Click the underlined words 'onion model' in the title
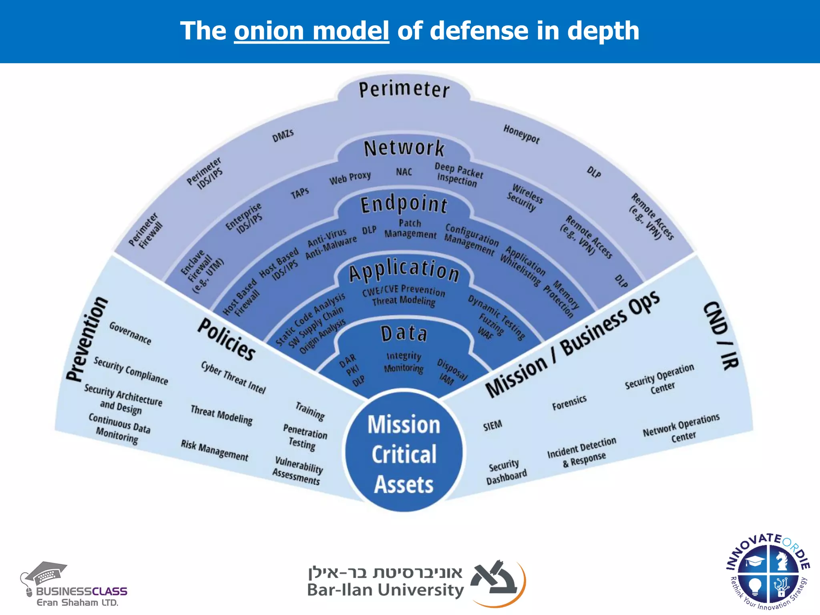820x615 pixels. tap(312, 31)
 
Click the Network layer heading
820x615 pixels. tap(404, 149)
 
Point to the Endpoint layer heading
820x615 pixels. tap(404, 205)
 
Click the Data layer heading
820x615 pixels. tap(404, 334)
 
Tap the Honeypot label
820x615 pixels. tap(521, 134)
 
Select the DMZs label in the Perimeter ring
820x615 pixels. tap(283, 135)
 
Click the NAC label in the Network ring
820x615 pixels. tap(404, 172)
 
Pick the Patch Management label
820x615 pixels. tap(410, 229)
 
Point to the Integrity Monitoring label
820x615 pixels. tap(404, 362)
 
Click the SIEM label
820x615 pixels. tap(492, 425)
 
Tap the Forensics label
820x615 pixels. tap(569, 402)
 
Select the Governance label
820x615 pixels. tap(130, 333)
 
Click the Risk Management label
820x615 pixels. tap(214, 450)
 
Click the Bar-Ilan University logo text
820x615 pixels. tap(385, 590)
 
